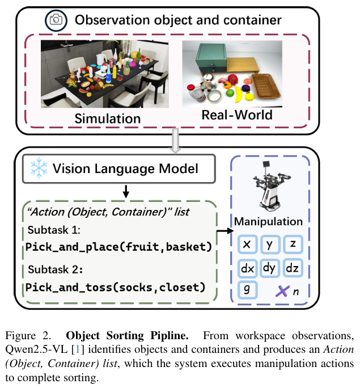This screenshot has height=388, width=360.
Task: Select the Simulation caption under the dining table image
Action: (x=108, y=119)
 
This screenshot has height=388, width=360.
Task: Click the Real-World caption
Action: (x=236, y=115)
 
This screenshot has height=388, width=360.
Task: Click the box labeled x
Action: (x=247, y=244)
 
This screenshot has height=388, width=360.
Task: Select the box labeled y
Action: (x=270, y=244)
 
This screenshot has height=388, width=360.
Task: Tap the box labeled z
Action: (x=293, y=244)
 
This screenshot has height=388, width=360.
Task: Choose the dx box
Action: (x=247, y=268)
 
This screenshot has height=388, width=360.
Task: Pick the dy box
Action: (x=270, y=268)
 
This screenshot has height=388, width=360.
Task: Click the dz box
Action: (x=293, y=268)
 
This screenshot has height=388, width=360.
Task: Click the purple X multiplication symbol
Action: (x=282, y=292)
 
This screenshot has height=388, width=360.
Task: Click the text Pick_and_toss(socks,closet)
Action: (x=116, y=286)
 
